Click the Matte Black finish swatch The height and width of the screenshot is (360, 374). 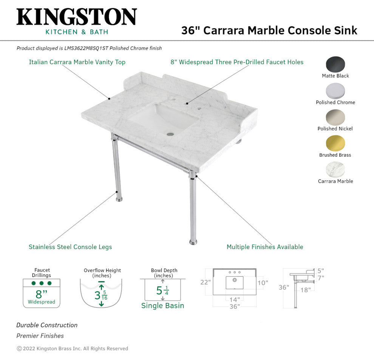point(335,64)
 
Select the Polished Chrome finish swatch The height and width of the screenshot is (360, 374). point(335,91)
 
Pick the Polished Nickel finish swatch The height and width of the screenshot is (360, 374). point(335,117)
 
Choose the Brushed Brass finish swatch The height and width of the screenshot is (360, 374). point(335,143)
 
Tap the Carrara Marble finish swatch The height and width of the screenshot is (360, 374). point(335,169)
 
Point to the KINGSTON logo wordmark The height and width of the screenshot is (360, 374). point(77,17)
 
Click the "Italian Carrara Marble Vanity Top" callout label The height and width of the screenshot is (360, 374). point(77,62)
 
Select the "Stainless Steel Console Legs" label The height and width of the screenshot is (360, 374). point(70,247)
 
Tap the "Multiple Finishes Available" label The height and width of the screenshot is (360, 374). point(265,247)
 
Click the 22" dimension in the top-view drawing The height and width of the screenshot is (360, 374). point(206,282)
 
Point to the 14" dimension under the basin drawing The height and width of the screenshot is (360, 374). point(235,299)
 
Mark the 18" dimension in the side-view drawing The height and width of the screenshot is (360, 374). point(306,290)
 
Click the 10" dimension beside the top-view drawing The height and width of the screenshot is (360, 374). point(263,283)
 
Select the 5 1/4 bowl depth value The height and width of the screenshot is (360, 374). point(162,291)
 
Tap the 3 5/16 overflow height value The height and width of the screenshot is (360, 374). point(101,295)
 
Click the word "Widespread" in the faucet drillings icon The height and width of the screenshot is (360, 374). point(42,302)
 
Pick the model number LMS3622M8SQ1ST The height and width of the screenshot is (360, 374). point(87,48)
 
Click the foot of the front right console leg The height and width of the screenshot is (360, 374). point(193,242)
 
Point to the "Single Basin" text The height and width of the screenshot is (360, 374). point(163,306)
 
